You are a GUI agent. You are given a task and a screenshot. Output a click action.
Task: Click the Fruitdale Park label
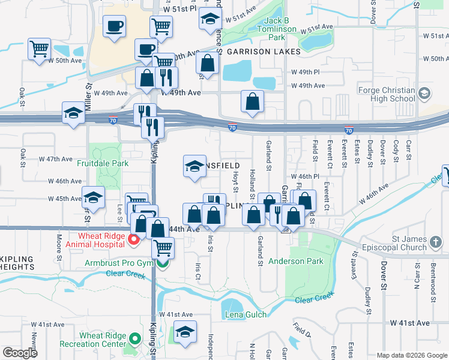coord(103,163)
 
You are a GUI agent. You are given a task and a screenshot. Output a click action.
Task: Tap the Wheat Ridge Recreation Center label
coord(93,340)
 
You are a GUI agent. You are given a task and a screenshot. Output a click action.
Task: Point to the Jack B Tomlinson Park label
coord(277,29)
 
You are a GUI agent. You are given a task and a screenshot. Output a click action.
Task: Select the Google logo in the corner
coord(20,353)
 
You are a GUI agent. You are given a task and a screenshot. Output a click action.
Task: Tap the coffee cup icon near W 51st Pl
coord(114,26)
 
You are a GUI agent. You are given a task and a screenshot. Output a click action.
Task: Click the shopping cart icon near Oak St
coord(39,48)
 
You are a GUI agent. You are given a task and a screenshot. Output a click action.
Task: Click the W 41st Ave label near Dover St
coord(409,323)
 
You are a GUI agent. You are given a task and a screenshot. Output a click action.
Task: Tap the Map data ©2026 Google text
coord(411,355)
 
